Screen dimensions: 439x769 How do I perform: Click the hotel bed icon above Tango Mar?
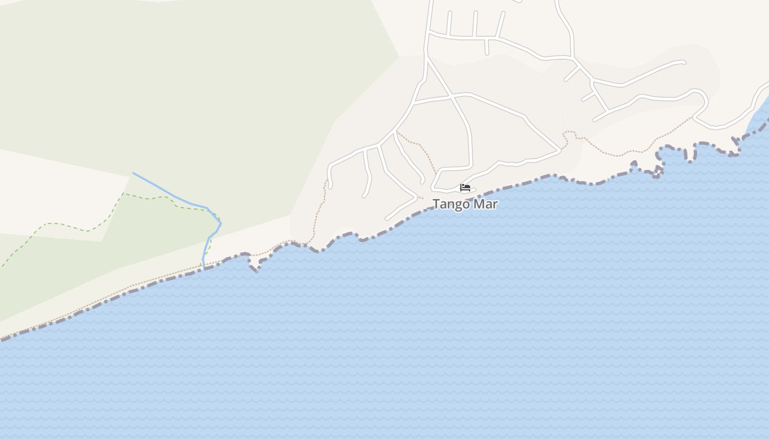click(x=465, y=188)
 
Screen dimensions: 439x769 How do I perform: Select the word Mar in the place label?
click(x=486, y=204)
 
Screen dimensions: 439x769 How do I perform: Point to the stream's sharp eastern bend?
click(x=220, y=223)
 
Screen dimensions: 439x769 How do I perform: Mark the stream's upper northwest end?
click(x=133, y=173)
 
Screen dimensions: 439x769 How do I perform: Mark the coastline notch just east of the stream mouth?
click(x=254, y=268)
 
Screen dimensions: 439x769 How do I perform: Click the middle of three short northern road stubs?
click(x=475, y=24)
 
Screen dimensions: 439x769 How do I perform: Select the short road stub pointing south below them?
click(x=487, y=47)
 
